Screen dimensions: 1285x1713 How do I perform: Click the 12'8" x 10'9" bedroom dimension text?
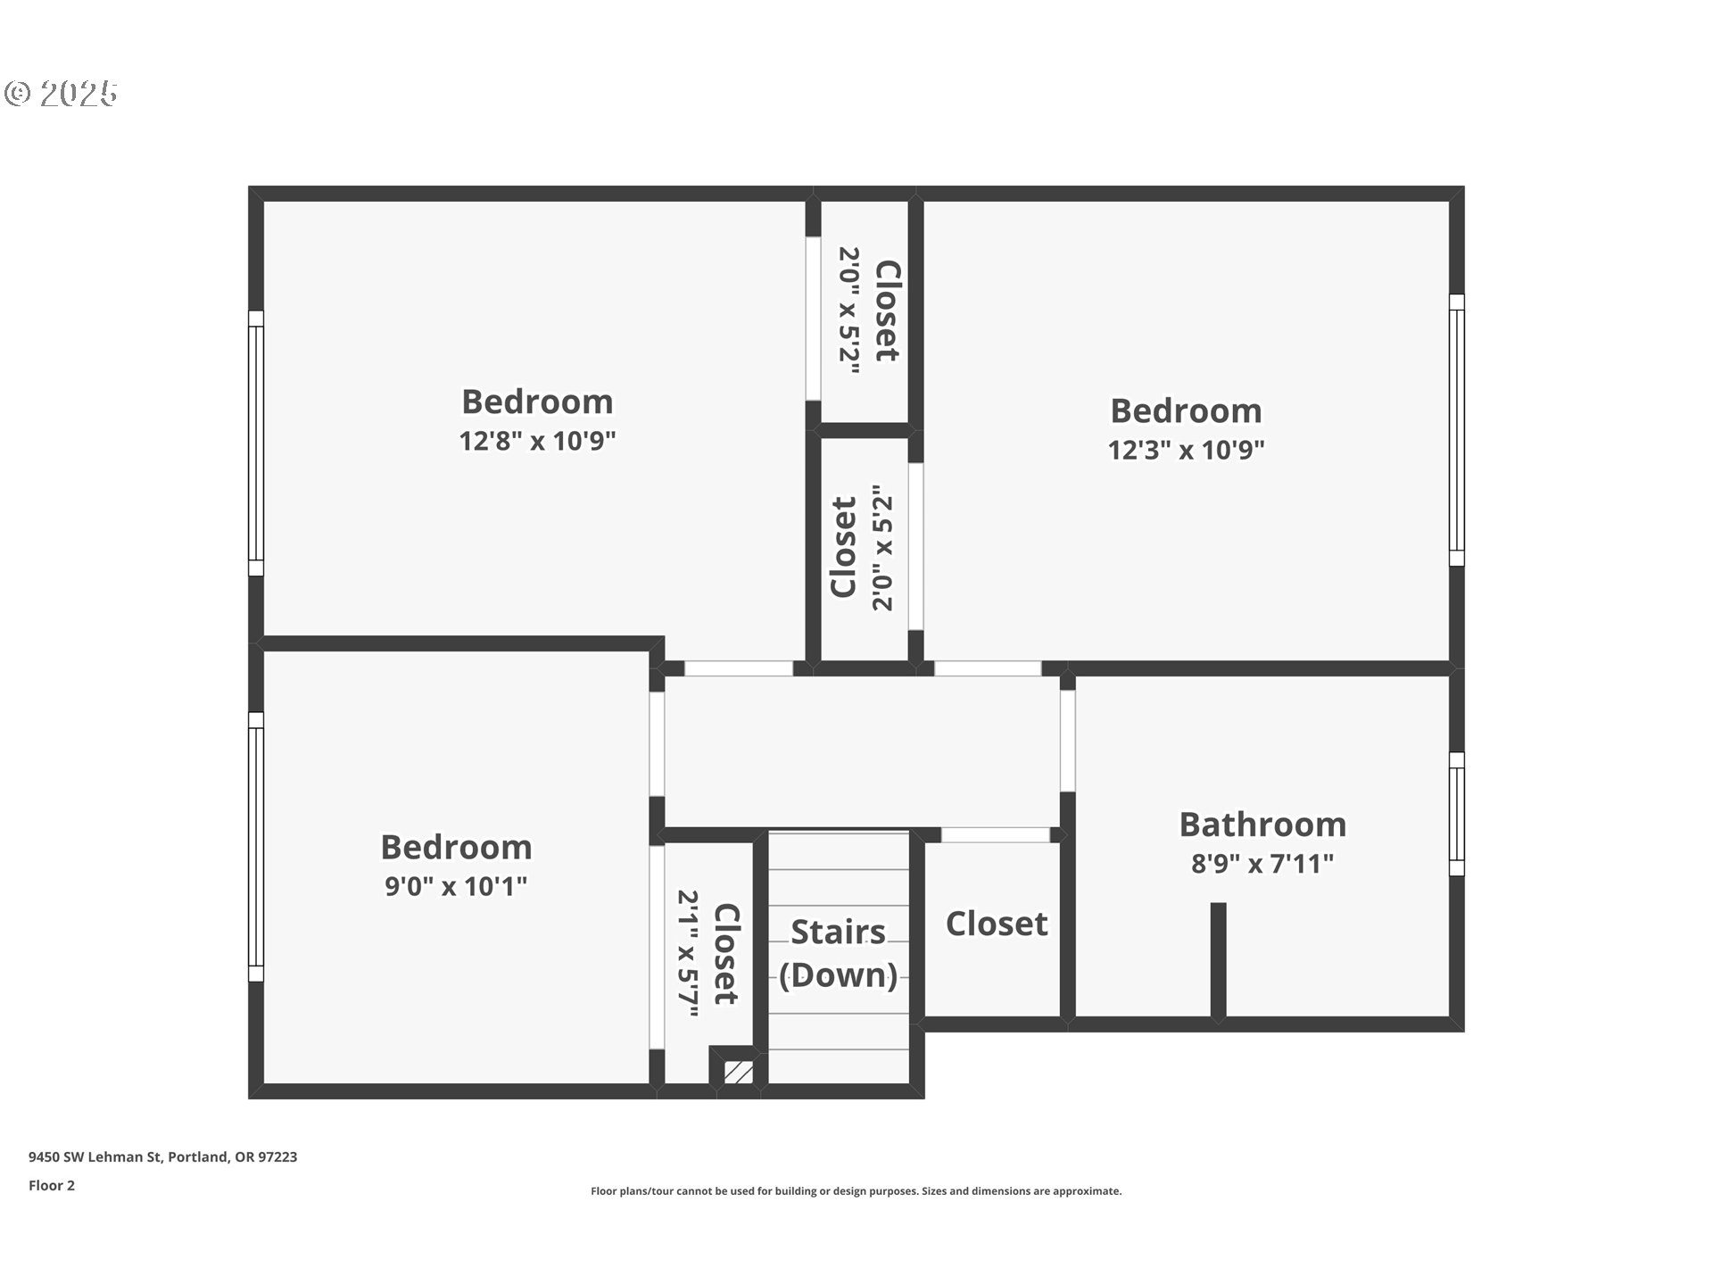point(537,441)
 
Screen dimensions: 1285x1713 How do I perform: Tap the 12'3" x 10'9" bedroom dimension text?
point(1186,450)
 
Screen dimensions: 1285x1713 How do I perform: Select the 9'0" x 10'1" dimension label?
point(456,886)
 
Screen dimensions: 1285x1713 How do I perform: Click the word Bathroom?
point(1262,825)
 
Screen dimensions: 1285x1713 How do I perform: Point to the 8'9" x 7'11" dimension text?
point(1262,864)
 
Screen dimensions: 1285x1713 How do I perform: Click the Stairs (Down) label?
point(838,953)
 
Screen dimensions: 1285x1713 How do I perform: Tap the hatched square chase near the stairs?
point(738,1072)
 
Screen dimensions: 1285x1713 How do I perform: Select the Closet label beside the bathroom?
point(996,924)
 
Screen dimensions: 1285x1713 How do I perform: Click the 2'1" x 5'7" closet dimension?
point(687,953)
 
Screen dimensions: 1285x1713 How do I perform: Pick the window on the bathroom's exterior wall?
point(1456,814)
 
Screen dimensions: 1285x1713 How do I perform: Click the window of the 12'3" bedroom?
point(1456,430)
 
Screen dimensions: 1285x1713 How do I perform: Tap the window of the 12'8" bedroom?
point(256,444)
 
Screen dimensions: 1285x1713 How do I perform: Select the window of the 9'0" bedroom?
point(256,847)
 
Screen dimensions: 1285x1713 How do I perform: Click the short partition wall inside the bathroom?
point(1218,959)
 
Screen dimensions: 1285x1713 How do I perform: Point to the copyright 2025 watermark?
point(61,94)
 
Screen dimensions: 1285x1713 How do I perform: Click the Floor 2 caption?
point(52,1185)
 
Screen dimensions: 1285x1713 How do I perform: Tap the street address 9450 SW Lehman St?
point(162,1156)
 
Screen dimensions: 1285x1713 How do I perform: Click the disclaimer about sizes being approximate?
point(856,1191)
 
